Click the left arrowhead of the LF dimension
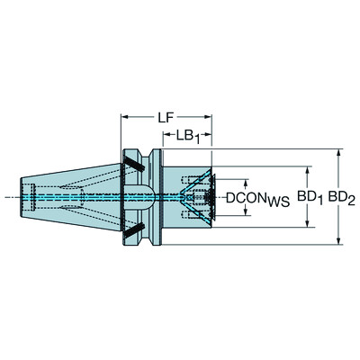coord(123,118)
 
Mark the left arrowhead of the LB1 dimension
coord(165,137)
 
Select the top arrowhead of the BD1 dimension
coord(309,166)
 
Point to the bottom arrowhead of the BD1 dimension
coord(309,225)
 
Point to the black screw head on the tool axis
coord(210,196)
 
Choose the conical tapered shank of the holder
coord(81,196)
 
